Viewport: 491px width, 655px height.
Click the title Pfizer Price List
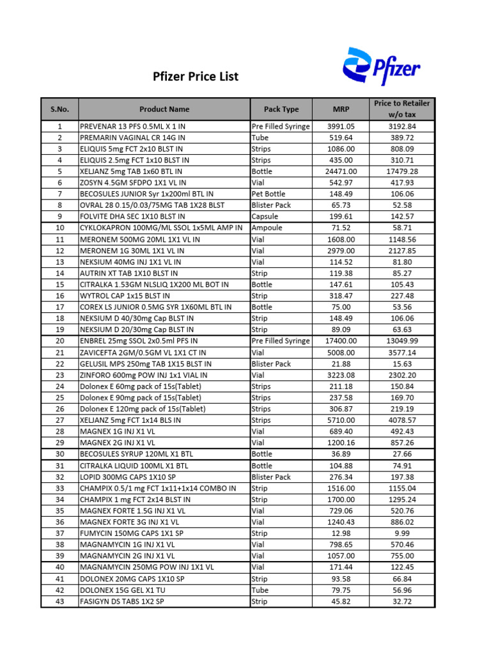coord(196,77)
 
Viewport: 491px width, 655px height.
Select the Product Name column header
coord(164,109)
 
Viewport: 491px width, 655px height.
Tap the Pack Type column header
coord(281,109)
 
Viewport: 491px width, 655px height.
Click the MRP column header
coord(341,109)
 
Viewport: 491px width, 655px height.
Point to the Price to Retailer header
coord(402,109)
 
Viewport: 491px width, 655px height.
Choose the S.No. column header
coord(60,109)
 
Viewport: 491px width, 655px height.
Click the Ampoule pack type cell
coord(268,228)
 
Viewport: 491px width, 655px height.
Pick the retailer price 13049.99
coord(402,341)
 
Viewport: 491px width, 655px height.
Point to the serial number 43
coord(60,601)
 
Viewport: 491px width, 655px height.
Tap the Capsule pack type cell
coord(265,217)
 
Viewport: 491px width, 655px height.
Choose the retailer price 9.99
coord(402,533)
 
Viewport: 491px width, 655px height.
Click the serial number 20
coord(60,341)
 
